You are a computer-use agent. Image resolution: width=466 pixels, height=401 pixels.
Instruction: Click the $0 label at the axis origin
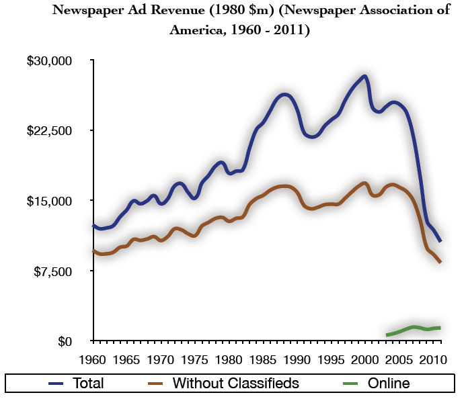click(64, 341)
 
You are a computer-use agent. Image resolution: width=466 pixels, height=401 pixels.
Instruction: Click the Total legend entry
click(77, 384)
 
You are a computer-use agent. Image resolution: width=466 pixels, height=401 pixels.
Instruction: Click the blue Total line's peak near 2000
click(364, 77)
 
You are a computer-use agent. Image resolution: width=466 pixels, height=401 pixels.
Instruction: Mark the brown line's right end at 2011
click(440, 262)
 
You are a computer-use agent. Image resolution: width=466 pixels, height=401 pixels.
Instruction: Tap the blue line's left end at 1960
click(93, 226)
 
